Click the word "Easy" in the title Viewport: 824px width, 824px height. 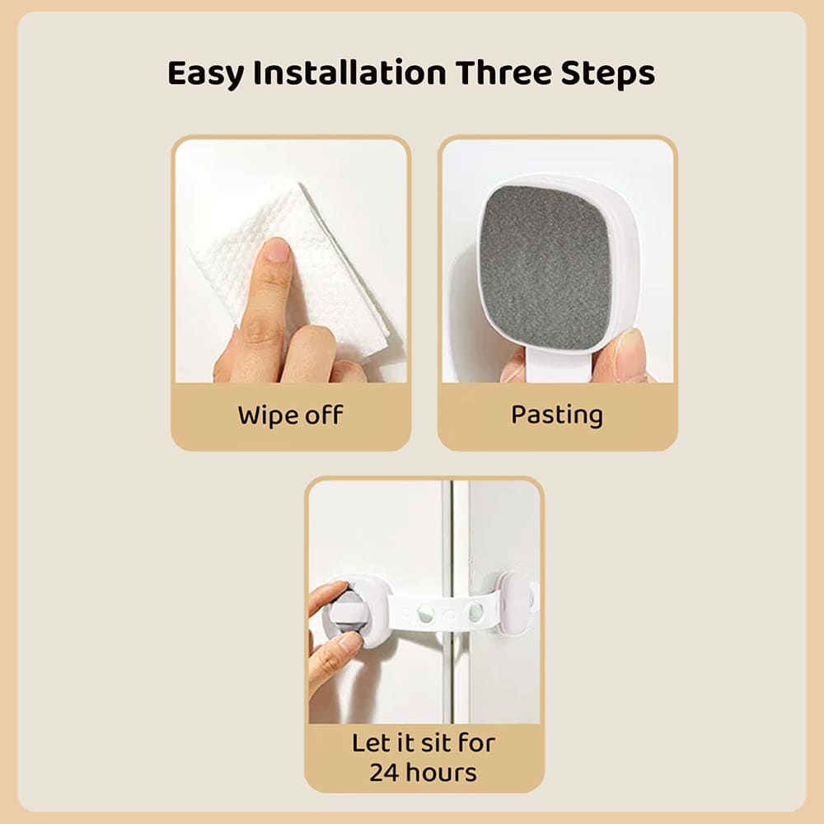pyautogui.click(x=206, y=73)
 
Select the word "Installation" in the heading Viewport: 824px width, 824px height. pyautogui.click(x=349, y=73)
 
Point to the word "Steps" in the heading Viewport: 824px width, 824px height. pyautogui.click(x=608, y=75)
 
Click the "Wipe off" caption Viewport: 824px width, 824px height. pyautogui.click(x=290, y=414)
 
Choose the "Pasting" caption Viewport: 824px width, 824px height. pyautogui.click(x=557, y=414)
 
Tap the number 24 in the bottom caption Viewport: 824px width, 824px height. pyautogui.click(x=384, y=773)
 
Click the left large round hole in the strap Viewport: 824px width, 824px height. pyautogui.click(x=426, y=613)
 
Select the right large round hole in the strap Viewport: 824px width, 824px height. pyautogui.click(x=476, y=612)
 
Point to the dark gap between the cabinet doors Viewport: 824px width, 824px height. pyautogui.click(x=447, y=536)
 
